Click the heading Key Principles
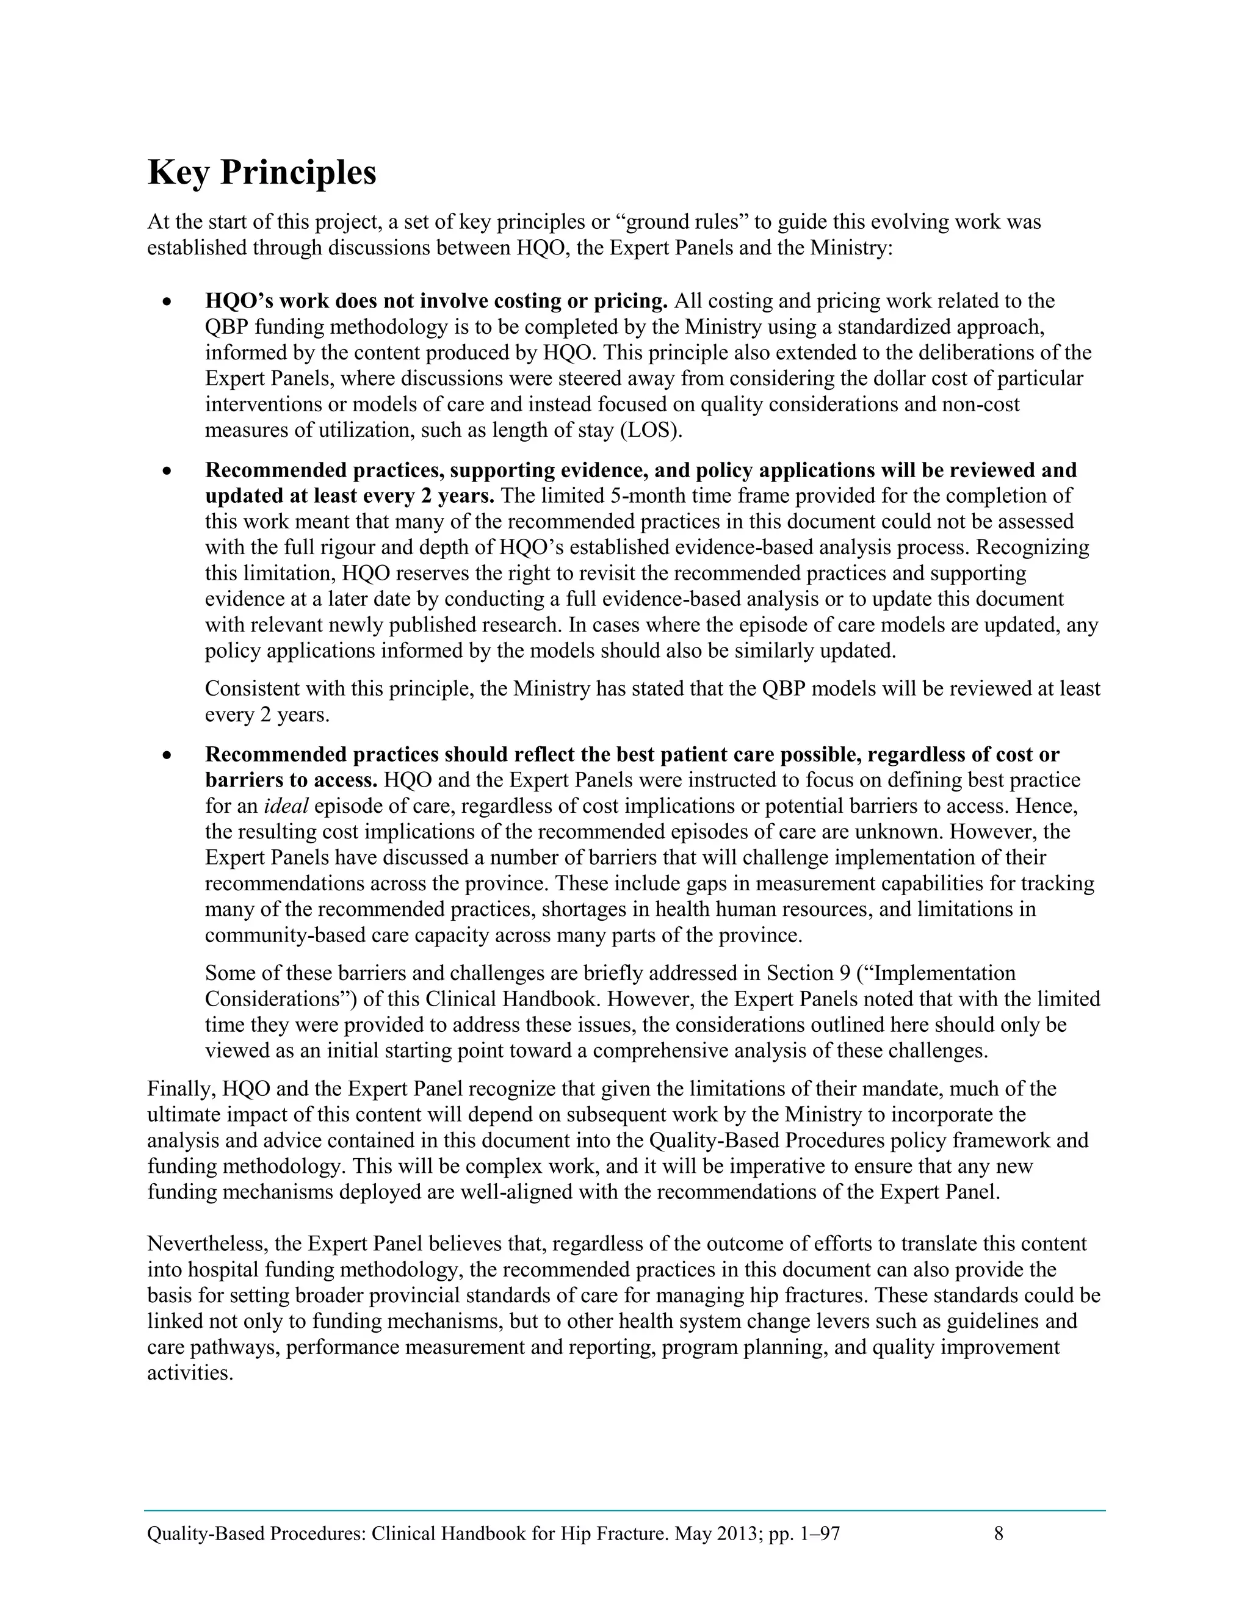pos(262,173)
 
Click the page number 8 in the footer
pos(998,1533)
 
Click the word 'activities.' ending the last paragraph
pos(190,1374)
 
